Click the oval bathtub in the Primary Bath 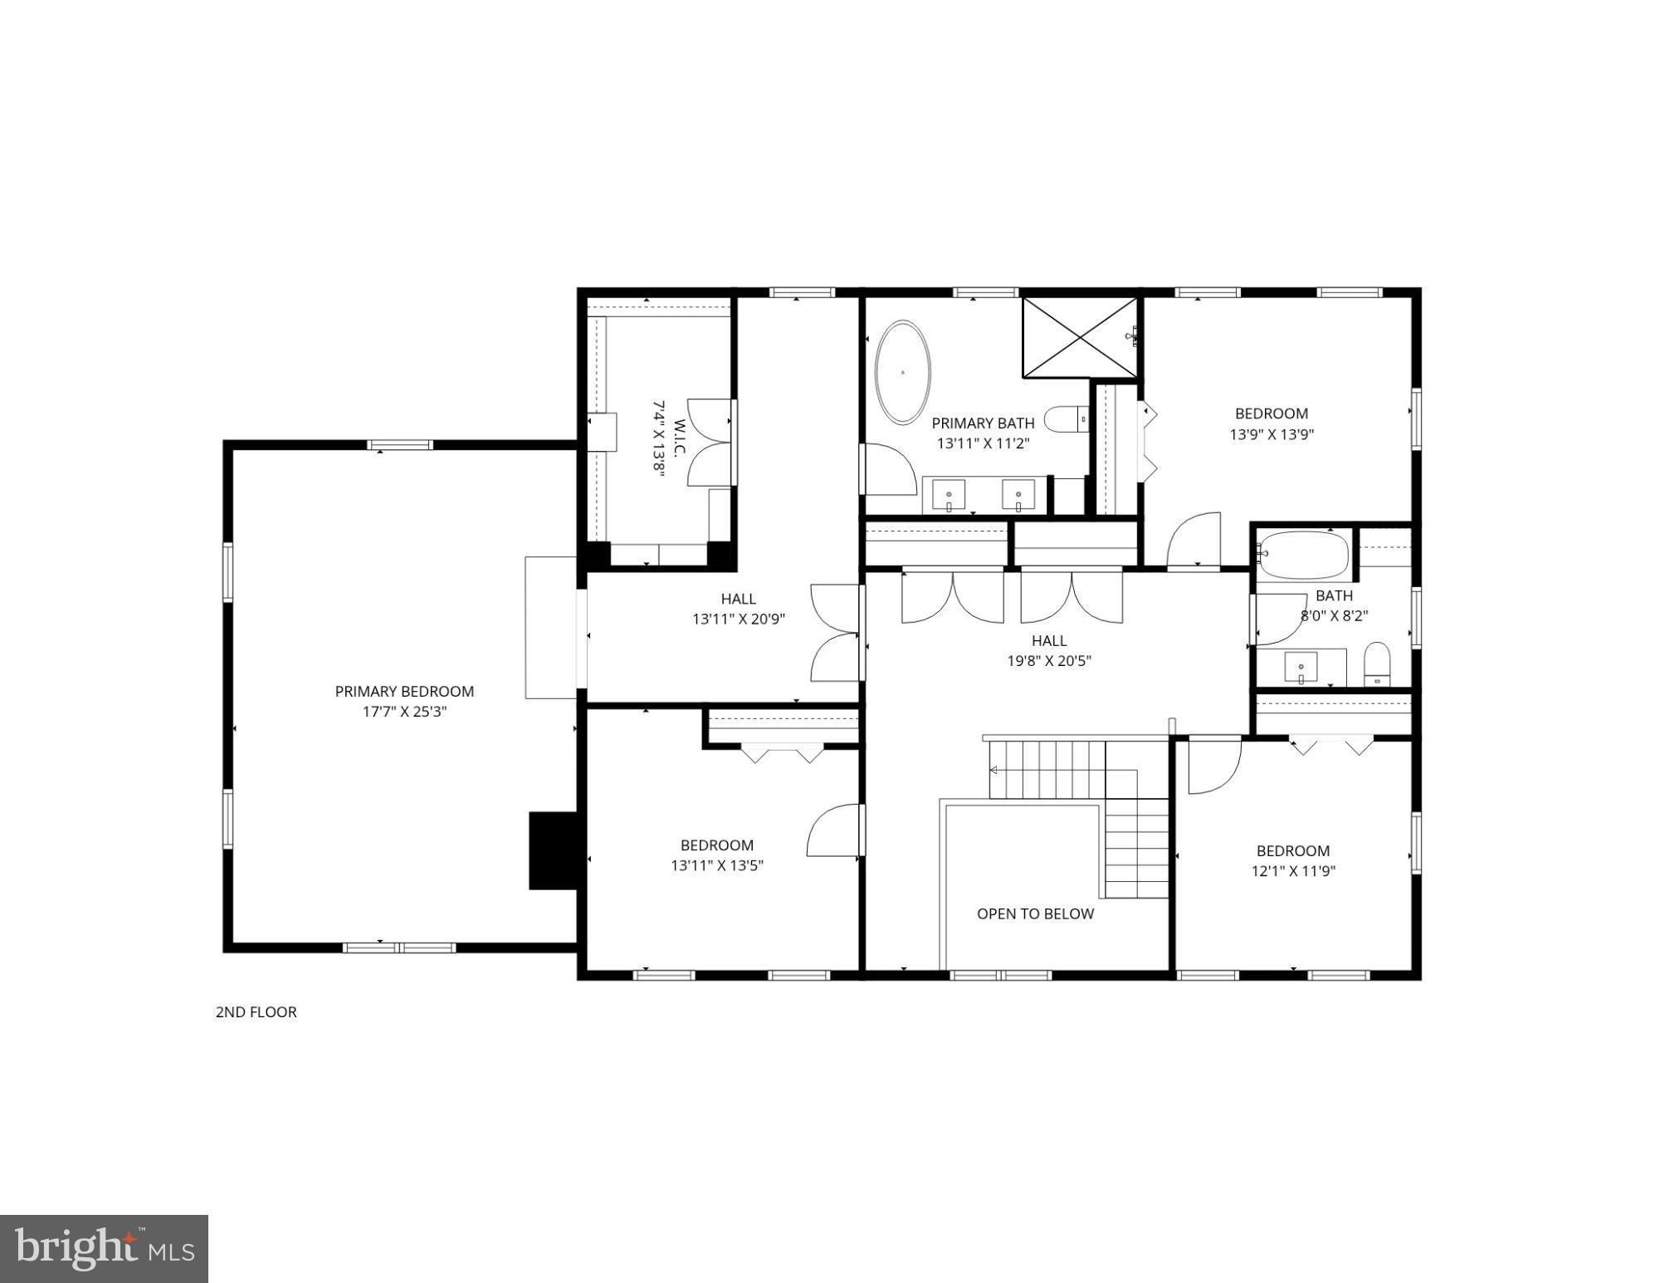click(x=903, y=372)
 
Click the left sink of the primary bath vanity click(x=949, y=496)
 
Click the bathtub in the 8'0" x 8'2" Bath click(x=1303, y=554)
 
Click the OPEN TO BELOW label click(x=1035, y=913)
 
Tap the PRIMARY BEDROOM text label click(x=404, y=691)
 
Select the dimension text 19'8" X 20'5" click(x=1049, y=661)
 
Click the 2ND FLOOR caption click(x=256, y=1011)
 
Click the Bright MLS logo click(x=104, y=1248)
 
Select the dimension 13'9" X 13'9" click(x=1272, y=433)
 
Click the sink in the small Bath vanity click(x=1301, y=667)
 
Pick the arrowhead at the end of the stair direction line click(x=994, y=770)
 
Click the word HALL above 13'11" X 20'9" click(x=738, y=598)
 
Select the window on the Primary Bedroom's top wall click(x=400, y=444)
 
